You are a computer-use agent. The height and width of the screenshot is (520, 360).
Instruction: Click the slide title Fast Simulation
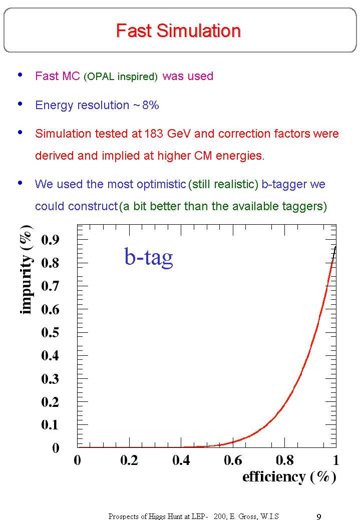click(178, 31)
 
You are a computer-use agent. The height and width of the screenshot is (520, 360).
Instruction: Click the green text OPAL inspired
click(121, 77)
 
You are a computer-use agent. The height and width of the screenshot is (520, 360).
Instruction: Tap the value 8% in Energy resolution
click(150, 105)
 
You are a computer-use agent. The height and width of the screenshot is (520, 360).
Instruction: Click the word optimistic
click(161, 184)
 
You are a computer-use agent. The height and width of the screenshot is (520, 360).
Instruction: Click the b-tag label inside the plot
click(149, 257)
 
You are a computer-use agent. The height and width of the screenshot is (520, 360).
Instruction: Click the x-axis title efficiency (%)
click(289, 477)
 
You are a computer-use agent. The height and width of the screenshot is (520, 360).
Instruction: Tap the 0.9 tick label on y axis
click(50, 240)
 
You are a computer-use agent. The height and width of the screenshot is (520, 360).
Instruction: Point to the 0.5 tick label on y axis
click(50, 332)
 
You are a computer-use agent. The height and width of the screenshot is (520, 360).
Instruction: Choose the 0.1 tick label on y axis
click(50, 425)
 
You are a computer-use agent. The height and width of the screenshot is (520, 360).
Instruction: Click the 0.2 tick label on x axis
click(129, 460)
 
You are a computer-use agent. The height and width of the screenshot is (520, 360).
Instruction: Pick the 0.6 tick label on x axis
click(233, 460)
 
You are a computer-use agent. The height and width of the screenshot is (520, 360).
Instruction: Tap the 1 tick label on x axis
click(336, 460)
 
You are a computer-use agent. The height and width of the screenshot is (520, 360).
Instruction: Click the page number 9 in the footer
click(319, 516)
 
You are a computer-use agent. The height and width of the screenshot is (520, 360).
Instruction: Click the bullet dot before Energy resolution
click(20, 104)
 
